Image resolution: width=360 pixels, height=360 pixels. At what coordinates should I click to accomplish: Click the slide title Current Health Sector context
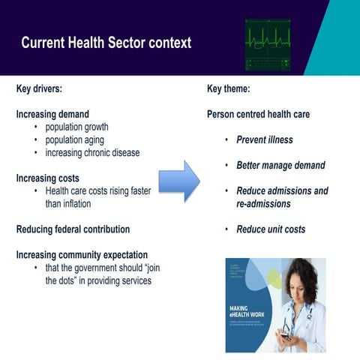click(x=106, y=43)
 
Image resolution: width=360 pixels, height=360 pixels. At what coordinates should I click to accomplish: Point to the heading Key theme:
click(x=228, y=88)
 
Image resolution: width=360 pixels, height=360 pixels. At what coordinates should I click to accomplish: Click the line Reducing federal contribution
click(x=73, y=229)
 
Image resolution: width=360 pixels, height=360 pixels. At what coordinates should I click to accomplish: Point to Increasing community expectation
click(x=82, y=255)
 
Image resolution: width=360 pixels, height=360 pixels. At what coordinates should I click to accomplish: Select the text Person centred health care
click(x=258, y=114)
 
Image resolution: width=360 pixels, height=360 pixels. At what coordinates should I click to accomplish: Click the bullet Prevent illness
click(x=264, y=139)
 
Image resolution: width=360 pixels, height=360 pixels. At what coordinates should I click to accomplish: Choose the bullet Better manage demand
click(x=280, y=165)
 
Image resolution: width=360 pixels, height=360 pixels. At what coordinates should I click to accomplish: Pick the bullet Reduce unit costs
click(x=271, y=229)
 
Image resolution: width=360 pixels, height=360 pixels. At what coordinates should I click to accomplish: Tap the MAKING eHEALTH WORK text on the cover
click(x=248, y=312)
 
